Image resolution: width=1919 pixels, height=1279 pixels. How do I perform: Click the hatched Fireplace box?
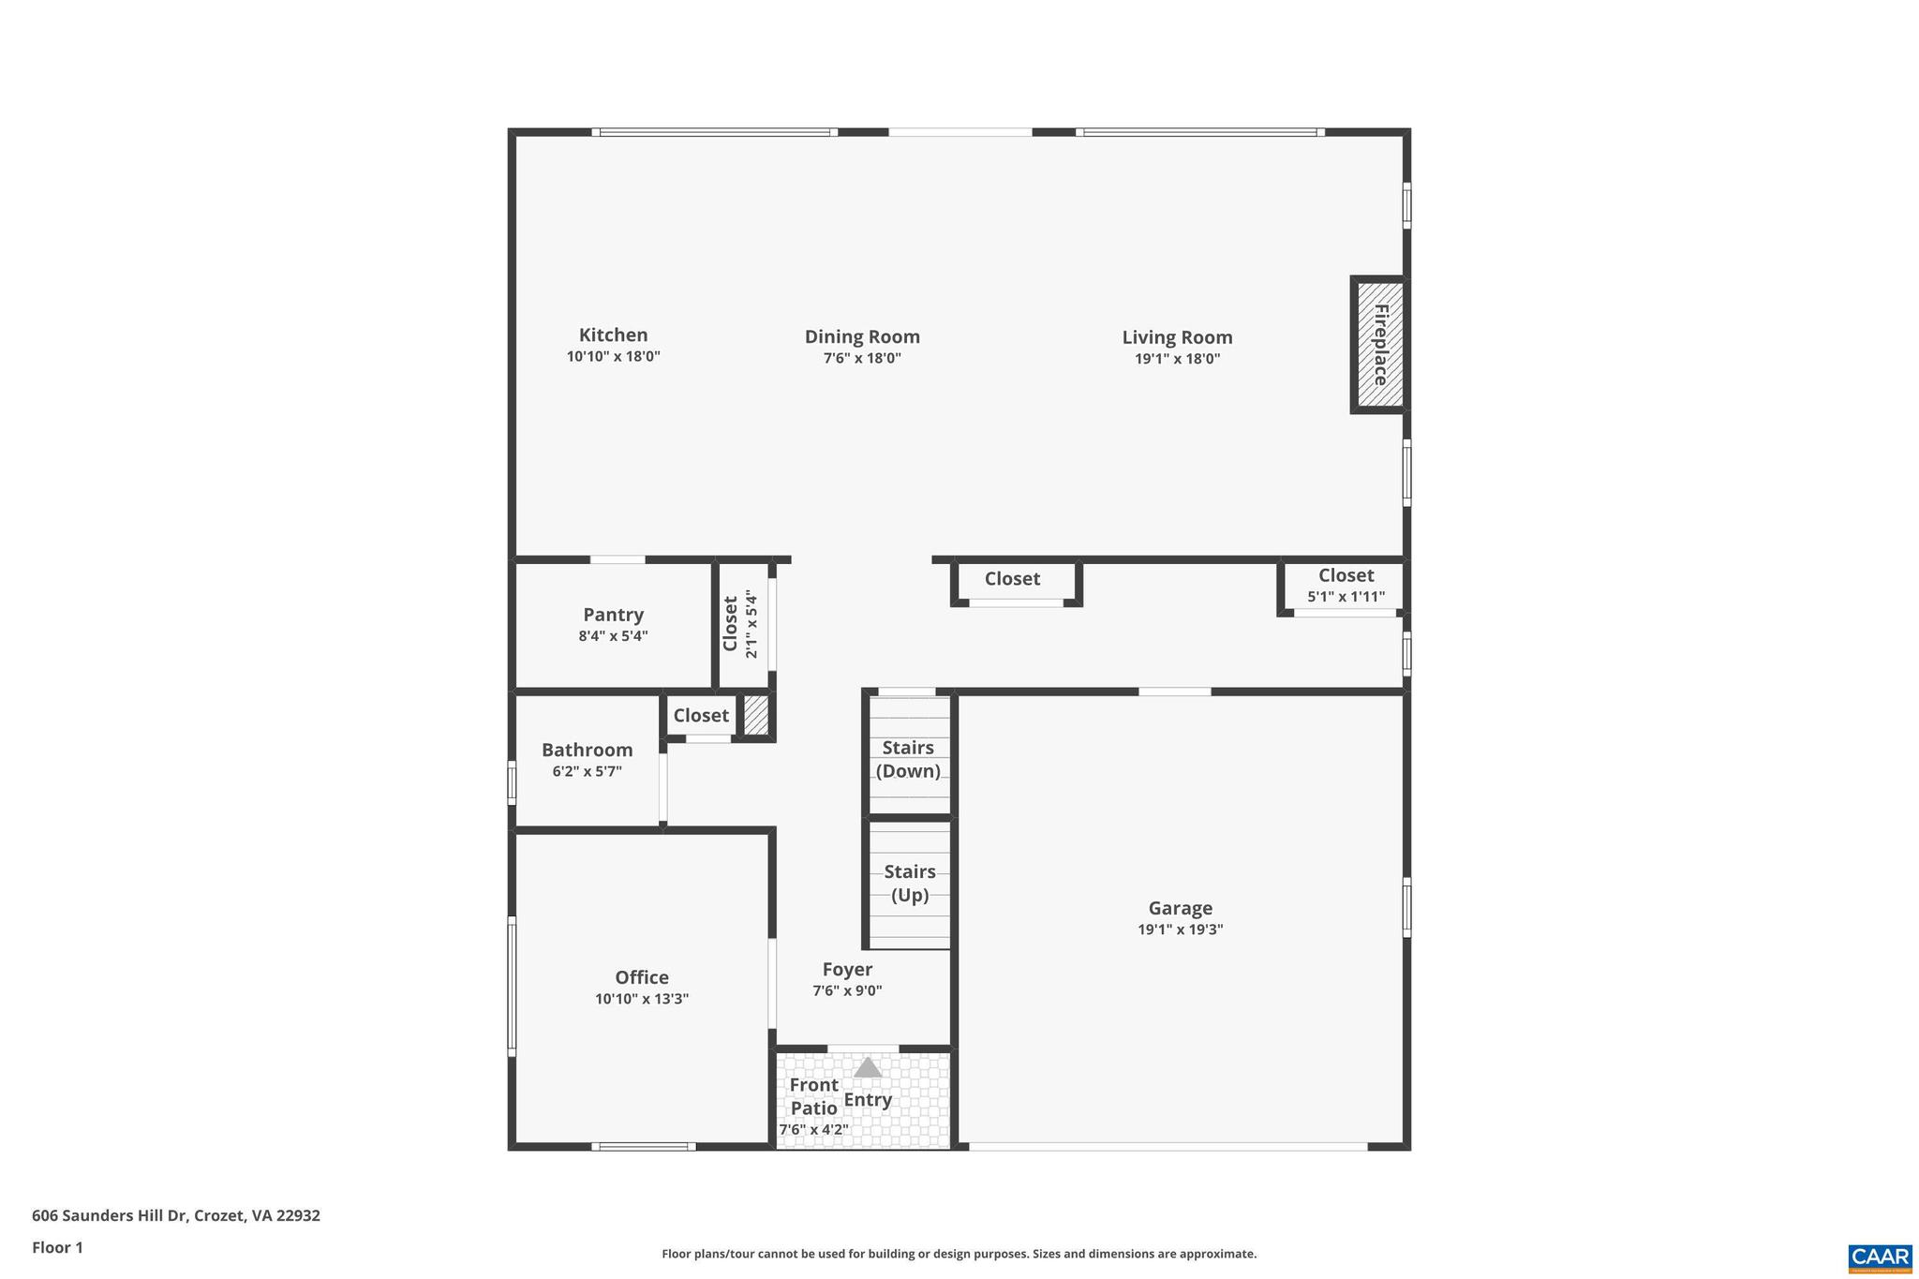[1379, 345]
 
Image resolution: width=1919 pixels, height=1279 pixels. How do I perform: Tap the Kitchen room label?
[613, 335]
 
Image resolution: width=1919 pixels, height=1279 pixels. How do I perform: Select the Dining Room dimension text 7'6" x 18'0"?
[862, 358]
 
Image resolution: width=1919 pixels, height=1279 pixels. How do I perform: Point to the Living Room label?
[1177, 337]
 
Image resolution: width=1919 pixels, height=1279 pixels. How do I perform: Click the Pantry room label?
[613, 615]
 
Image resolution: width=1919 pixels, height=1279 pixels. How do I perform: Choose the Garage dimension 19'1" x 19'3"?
[1180, 930]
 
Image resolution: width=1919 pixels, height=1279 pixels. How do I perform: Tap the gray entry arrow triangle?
[868, 1067]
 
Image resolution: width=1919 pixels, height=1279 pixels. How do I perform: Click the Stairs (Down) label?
[908, 759]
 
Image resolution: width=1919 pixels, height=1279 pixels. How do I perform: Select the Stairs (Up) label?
[909, 883]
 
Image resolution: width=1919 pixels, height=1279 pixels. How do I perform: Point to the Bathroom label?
[587, 750]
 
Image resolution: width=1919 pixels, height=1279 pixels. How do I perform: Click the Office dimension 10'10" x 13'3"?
[642, 999]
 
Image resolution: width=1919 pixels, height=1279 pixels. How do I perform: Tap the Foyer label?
[847, 970]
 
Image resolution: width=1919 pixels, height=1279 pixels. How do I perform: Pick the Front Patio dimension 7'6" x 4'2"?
[813, 1130]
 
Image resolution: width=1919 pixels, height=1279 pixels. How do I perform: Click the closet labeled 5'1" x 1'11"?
[1346, 586]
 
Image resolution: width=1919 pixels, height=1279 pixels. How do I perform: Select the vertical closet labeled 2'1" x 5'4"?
[740, 624]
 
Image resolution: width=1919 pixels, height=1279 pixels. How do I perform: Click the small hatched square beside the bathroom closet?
[755, 716]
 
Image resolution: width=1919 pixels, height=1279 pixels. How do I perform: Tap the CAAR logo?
[1880, 1257]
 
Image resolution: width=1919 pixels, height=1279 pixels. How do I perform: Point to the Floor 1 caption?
[57, 1247]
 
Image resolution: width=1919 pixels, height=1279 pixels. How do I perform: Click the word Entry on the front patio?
[868, 1100]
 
